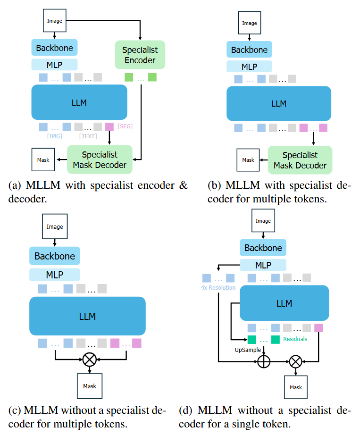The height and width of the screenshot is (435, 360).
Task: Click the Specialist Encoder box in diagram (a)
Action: [139, 55]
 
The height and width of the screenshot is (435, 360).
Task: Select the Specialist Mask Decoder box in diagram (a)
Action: [100, 159]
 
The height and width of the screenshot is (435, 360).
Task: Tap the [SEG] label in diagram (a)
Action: [125, 126]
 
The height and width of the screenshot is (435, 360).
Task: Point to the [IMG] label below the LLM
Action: [54, 136]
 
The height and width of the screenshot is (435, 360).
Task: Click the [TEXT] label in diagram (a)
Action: [88, 136]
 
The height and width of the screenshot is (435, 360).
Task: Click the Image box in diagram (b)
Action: [250, 23]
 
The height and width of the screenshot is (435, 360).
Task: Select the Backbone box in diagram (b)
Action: [249, 50]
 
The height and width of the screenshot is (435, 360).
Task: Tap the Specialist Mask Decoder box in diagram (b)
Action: [300, 160]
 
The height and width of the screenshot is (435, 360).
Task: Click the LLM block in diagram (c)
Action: [87, 316]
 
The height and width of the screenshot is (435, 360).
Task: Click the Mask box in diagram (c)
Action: [89, 386]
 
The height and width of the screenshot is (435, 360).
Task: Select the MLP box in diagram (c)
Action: [54, 274]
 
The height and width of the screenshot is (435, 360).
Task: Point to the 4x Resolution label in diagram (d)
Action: [218, 287]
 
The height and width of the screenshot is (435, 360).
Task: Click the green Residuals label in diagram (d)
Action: [295, 339]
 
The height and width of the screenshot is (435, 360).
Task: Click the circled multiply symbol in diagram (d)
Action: [296, 362]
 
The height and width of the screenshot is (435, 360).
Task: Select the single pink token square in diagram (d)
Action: [318, 327]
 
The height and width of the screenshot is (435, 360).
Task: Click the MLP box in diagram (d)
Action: [263, 265]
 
